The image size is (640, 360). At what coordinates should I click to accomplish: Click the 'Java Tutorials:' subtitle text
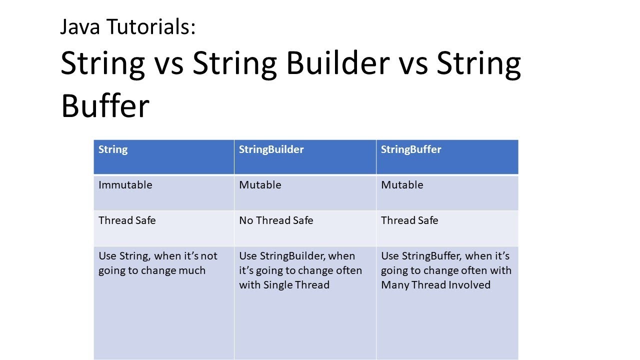[x=128, y=26]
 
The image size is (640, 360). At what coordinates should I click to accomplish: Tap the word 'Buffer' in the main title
[x=105, y=105]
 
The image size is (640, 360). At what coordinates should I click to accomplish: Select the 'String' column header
[x=113, y=149]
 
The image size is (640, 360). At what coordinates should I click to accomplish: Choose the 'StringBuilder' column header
[x=271, y=149]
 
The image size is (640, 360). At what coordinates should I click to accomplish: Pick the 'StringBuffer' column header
[x=411, y=149]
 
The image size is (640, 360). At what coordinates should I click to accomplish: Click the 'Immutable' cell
[x=125, y=185]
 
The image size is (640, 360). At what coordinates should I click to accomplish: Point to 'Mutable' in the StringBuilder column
[x=260, y=185]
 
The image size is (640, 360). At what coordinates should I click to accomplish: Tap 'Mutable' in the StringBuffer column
[x=402, y=185]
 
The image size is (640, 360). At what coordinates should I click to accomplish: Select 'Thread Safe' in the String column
[x=127, y=220]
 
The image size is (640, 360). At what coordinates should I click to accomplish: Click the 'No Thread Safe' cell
[x=276, y=220]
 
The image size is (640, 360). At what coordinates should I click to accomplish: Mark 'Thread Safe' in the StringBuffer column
[x=409, y=220]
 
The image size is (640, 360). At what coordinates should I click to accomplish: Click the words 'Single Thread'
[x=296, y=285]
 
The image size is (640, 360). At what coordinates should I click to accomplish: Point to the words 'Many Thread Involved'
[x=435, y=285]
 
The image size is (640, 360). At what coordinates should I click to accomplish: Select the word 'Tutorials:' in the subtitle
[x=151, y=26]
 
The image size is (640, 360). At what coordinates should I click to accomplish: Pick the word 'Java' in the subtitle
[x=80, y=26]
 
